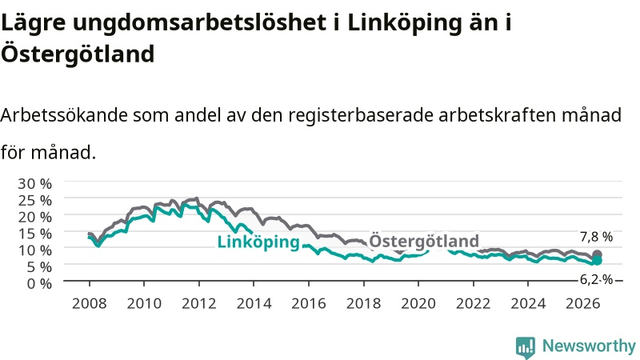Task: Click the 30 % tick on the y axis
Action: tap(34, 184)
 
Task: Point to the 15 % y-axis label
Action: tap(34, 234)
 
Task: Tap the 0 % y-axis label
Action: tap(39, 283)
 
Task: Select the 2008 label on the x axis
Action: tap(89, 304)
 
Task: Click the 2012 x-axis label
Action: tap(198, 304)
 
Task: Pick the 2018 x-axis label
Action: tap(363, 304)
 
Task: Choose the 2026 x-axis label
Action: tap(582, 304)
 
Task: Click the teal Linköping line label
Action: tap(258, 242)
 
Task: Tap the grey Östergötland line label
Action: tap(424, 241)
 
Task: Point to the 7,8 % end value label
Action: tap(596, 237)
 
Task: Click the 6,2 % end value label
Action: tap(596, 279)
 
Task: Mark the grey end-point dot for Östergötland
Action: tap(597, 254)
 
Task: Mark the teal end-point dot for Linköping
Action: tap(597, 261)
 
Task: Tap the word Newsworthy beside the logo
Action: tap(589, 346)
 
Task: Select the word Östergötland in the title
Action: tap(78, 53)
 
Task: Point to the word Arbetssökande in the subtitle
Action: tap(64, 115)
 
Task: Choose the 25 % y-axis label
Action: tap(34, 201)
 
